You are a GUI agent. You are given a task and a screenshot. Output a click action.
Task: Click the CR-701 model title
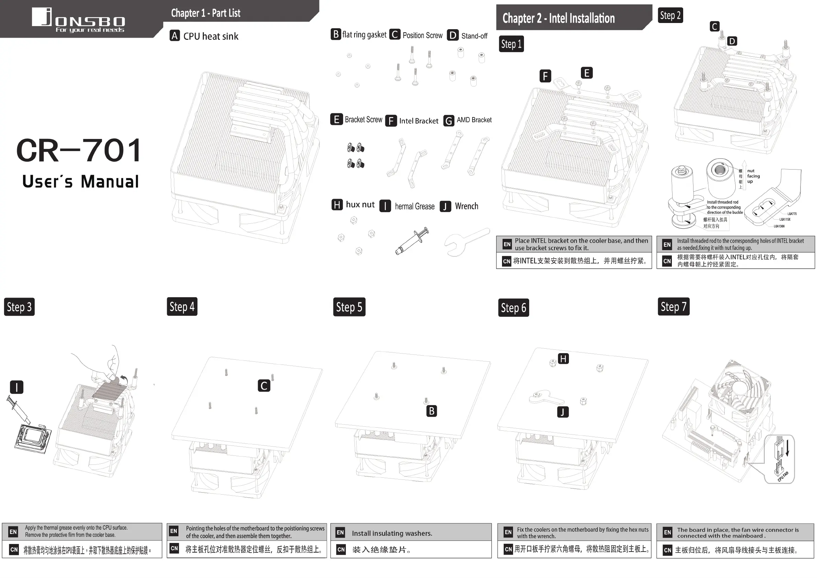click(79, 151)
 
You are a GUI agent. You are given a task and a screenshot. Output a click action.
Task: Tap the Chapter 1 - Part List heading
click(206, 13)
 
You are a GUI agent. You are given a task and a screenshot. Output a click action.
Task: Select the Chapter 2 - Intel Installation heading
click(558, 18)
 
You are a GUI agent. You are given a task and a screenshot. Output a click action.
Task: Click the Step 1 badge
click(511, 44)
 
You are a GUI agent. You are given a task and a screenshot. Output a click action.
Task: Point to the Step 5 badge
click(349, 307)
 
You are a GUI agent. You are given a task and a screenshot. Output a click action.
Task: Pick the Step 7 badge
click(673, 307)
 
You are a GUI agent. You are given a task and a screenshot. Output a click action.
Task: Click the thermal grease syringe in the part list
click(412, 241)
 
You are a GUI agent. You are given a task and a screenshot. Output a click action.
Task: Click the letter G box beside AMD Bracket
click(449, 121)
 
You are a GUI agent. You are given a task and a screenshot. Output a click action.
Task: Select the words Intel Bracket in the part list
click(419, 121)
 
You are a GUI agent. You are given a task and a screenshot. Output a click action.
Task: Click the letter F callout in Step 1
click(545, 76)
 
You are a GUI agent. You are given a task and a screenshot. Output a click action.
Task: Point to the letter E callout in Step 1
click(586, 73)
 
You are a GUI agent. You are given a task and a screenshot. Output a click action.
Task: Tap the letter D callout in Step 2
click(732, 41)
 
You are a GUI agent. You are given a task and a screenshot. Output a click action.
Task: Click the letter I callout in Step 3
click(17, 387)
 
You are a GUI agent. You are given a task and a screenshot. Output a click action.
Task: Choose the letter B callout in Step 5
click(431, 411)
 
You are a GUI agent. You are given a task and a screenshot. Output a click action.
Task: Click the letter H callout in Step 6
click(563, 358)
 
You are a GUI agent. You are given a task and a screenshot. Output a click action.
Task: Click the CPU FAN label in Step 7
click(783, 476)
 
